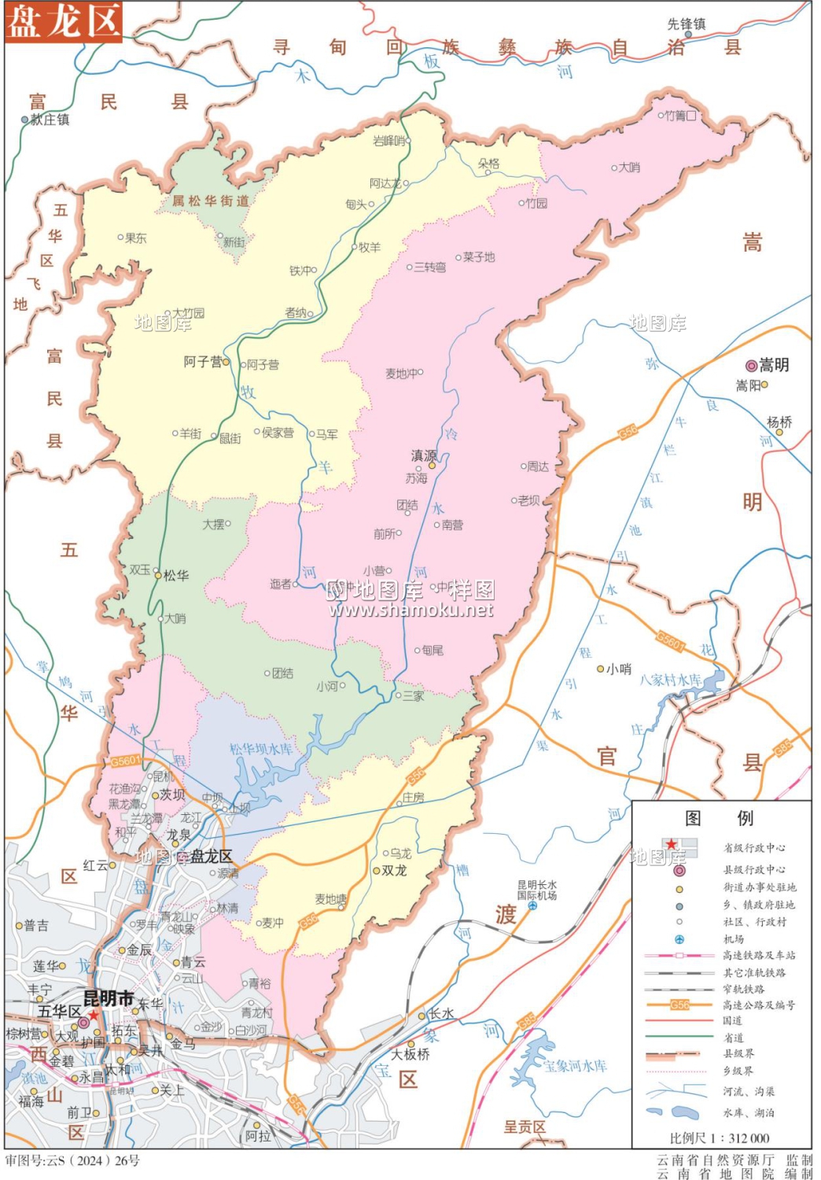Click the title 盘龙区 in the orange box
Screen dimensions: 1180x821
[x=64, y=21]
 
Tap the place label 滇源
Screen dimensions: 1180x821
[x=424, y=455]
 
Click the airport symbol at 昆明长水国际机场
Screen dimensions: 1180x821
[x=532, y=905]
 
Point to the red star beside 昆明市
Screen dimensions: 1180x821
[x=94, y=1015]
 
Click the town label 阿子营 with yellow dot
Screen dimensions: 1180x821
[x=202, y=362]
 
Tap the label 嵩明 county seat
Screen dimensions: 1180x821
[x=773, y=365]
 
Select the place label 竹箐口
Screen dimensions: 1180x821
[x=680, y=116]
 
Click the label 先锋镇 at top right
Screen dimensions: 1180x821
[x=687, y=24]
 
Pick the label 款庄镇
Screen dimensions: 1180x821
[x=50, y=120]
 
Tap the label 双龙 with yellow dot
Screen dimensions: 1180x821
[x=394, y=870]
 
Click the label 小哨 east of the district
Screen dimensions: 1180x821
[x=619, y=669]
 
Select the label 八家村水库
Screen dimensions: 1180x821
[x=670, y=679]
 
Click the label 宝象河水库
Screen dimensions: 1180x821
[x=576, y=1066]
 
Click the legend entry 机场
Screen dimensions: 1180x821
[x=734, y=938]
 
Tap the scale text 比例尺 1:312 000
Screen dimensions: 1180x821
[x=720, y=1138]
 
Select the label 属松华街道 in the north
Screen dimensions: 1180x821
[x=211, y=201]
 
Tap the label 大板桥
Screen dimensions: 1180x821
[x=410, y=1054]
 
